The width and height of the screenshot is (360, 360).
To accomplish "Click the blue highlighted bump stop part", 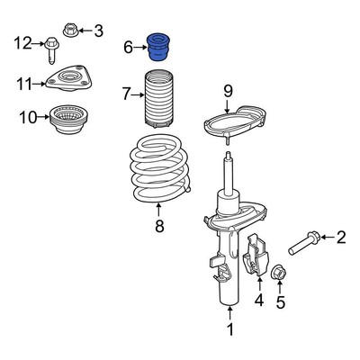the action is pyautogui.click(x=157, y=48).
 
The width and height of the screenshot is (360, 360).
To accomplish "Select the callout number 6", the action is pyautogui.click(x=128, y=48).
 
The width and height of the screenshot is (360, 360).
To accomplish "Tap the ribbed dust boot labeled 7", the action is pyautogui.click(x=158, y=100).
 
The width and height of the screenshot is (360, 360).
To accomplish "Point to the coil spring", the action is pyautogui.click(x=160, y=169).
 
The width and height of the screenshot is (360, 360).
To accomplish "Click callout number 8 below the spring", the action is pyautogui.click(x=159, y=226).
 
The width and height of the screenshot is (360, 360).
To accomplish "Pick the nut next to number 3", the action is pyautogui.click(x=71, y=30).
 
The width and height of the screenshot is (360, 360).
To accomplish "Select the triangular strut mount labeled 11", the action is pyautogui.click(x=68, y=78).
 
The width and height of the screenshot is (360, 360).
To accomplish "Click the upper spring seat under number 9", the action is pyautogui.click(x=235, y=124).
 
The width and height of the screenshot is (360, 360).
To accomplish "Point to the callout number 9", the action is pyautogui.click(x=228, y=91).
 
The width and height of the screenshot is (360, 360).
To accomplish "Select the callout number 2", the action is pyautogui.click(x=341, y=237).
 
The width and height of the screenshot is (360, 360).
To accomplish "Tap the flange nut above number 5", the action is pyautogui.click(x=278, y=272).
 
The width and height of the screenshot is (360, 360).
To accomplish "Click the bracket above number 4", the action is pyautogui.click(x=256, y=255).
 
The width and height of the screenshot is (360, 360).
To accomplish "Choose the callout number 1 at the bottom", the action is pyautogui.click(x=230, y=329).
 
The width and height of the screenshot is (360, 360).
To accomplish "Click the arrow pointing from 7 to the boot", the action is pyautogui.click(x=138, y=95).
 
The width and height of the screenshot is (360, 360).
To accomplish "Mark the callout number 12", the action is pyautogui.click(x=22, y=43).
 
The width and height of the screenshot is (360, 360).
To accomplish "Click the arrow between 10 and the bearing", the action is pyautogui.click(x=43, y=117).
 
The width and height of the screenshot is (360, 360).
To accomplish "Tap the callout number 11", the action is pyautogui.click(x=24, y=84).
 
